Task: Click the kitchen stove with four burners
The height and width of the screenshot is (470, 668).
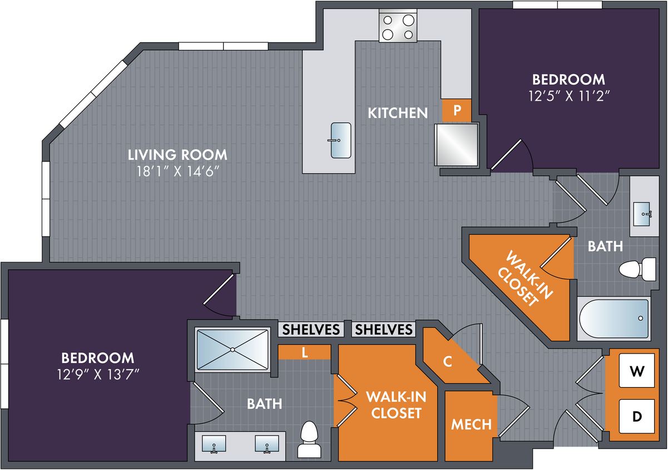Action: [398, 26]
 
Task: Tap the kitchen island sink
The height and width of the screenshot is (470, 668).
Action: [341, 140]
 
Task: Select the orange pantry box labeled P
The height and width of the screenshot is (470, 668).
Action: [457, 110]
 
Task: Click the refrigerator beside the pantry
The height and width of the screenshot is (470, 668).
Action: [457, 145]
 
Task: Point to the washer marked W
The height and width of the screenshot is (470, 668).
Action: [637, 370]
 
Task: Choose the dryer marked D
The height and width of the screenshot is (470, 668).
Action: [637, 416]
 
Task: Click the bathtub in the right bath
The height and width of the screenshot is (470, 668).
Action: [614, 319]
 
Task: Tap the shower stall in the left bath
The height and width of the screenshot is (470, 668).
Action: [232, 349]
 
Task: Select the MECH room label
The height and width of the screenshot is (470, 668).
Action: [471, 424]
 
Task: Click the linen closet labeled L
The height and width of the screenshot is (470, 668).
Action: [304, 352]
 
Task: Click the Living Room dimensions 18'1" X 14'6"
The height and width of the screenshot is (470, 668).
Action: [178, 172]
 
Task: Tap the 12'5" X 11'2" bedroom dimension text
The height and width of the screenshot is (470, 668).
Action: [569, 96]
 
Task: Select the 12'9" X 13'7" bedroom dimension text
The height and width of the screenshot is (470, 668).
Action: [98, 374]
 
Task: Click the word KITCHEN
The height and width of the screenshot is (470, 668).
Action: [398, 113]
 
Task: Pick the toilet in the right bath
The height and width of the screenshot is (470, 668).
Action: [637, 270]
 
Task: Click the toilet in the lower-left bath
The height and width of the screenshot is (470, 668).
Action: [309, 439]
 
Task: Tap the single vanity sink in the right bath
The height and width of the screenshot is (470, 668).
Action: [642, 214]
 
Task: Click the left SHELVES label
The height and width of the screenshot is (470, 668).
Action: [311, 329]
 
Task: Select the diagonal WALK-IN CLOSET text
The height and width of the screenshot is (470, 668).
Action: [525, 278]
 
